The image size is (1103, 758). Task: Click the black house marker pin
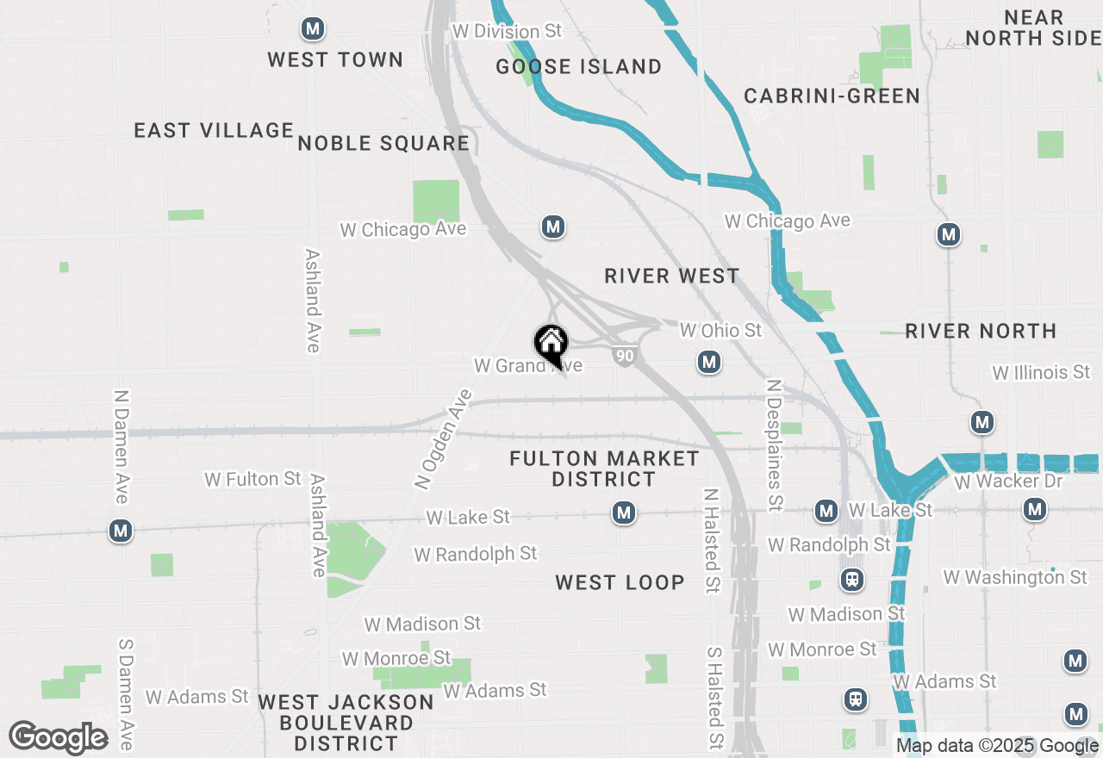(551, 345)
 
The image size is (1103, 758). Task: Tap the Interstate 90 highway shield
(626, 355)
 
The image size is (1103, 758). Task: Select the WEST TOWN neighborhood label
(335, 59)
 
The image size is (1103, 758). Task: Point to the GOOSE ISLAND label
(579, 66)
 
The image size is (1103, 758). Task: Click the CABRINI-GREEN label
(832, 96)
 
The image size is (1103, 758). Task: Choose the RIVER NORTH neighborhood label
(981, 331)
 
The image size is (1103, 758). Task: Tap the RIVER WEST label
(672, 276)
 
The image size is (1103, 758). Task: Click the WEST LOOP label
(620, 582)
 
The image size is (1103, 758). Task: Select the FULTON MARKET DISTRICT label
(604, 469)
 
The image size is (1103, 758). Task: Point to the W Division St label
(507, 31)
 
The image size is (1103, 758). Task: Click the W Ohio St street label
(720, 330)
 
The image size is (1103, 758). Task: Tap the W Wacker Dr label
(1008, 481)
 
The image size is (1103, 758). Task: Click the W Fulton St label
(253, 479)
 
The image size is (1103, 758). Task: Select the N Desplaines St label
(774, 444)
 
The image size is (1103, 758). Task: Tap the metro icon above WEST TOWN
(313, 29)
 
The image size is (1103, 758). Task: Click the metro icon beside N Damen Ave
(121, 531)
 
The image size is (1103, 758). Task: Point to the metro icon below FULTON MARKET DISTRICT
(624, 514)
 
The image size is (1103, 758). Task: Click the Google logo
(59, 738)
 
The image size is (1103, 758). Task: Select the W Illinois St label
(1041, 373)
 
